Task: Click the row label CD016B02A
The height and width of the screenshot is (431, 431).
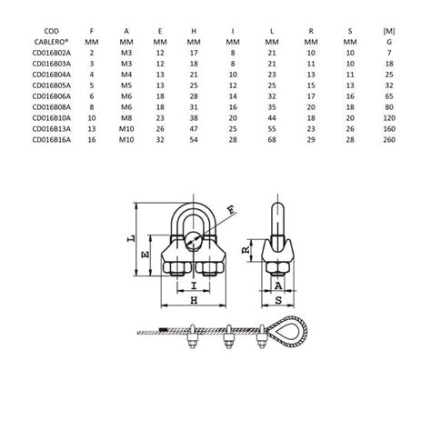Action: click(x=52, y=53)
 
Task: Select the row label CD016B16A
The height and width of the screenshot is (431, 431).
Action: click(x=52, y=139)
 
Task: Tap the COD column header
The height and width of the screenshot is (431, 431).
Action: click(x=51, y=31)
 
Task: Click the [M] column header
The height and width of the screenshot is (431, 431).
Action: click(x=389, y=31)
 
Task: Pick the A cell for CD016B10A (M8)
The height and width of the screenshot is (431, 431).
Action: click(x=126, y=118)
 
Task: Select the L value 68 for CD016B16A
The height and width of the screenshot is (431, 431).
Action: click(x=272, y=139)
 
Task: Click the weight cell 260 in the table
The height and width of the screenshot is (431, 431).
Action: click(x=389, y=139)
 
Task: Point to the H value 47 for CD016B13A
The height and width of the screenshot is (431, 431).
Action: click(x=194, y=129)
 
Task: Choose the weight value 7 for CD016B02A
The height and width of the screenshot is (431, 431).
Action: click(x=389, y=53)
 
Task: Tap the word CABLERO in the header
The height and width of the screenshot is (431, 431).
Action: click(x=51, y=42)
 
